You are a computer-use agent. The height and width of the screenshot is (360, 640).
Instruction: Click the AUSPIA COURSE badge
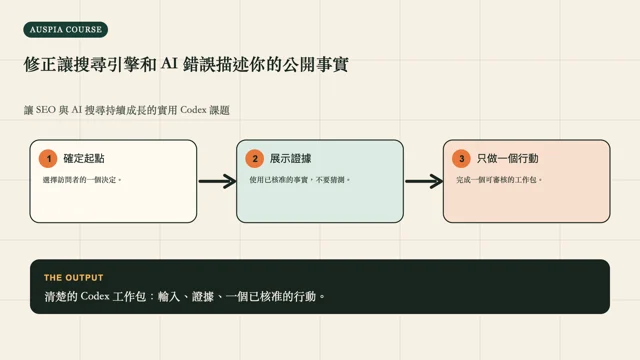(x=66, y=30)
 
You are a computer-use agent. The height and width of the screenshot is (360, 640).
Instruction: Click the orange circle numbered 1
(x=48, y=158)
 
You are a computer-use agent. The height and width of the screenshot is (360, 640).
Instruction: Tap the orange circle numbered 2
(x=255, y=158)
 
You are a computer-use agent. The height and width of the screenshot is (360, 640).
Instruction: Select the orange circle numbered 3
(x=462, y=158)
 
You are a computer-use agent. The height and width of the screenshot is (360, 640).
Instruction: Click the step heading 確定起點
(x=84, y=158)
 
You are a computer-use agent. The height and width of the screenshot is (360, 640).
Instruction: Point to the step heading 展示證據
(x=291, y=158)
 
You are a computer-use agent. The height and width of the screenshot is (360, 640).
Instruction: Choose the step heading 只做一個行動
(x=508, y=158)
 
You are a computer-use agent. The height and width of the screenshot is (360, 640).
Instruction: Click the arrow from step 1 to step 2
(x=218, y=181)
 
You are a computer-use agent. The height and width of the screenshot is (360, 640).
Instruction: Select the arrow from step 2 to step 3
(x=424, y=181)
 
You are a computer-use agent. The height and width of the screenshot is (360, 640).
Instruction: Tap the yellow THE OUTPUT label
(x=74, y=278)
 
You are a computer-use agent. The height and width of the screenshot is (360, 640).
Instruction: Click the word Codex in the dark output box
(x=95, y=296)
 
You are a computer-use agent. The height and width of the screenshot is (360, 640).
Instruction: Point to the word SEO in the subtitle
(x=46, y=110)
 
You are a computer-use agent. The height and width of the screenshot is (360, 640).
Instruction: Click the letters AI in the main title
(x=169, y=64)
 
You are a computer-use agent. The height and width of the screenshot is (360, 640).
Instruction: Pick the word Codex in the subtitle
(x=193, y=110)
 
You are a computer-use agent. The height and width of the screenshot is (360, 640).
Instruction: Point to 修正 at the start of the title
(x=40, y=64)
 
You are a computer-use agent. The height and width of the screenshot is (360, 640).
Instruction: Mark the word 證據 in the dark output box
(x=203, y=296)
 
